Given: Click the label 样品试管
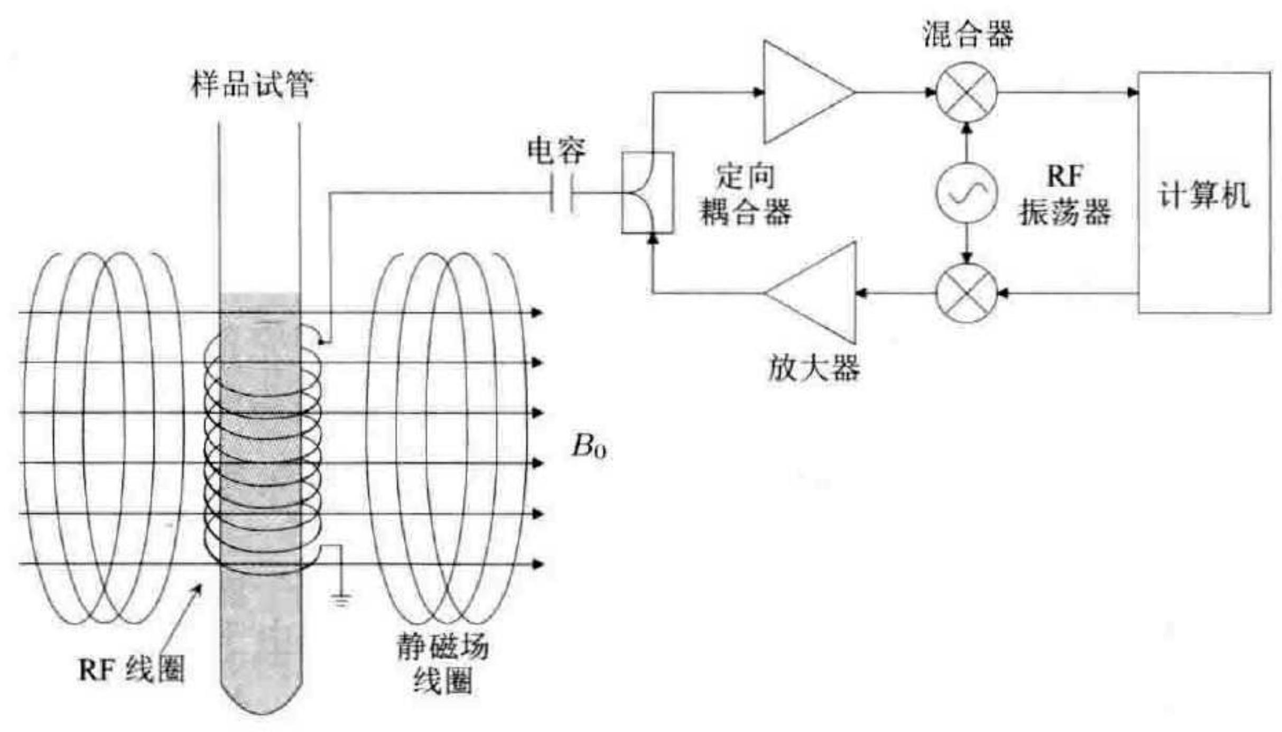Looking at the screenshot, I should point(252,85).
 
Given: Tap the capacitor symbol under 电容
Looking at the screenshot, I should point(561,193).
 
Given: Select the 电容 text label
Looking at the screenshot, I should point(556,150).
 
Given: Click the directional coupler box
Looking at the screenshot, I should point(647,192).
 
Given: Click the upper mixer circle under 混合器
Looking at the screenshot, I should point(967,92).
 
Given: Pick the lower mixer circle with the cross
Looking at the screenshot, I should point(967,293).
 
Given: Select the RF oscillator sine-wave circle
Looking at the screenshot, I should point(967,193).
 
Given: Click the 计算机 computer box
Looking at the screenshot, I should point(1204,193).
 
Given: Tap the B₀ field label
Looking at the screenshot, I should point(589,447).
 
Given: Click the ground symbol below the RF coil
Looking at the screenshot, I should point(341,599).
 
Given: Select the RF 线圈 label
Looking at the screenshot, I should point(131,670).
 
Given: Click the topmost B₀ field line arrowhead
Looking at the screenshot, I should point(536,313).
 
